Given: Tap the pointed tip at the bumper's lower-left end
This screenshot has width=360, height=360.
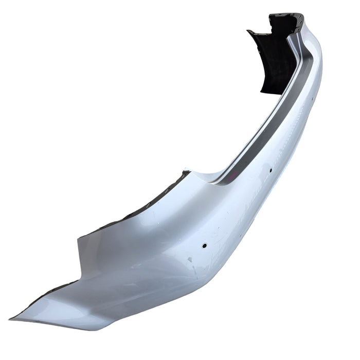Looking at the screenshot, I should click(x=11, y=317).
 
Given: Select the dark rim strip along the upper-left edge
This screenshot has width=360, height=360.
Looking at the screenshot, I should click(x=134, y=206).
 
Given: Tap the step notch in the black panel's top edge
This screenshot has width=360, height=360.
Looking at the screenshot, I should click(x=273, y=23).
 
